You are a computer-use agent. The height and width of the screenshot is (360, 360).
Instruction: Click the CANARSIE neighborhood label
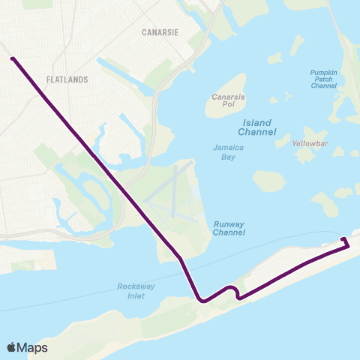click(159, 32)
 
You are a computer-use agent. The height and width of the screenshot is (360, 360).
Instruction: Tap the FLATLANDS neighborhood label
click(67, 79)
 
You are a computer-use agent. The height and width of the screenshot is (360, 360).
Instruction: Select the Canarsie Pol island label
click(223, 100)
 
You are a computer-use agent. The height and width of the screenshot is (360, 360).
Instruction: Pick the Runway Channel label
click(229, 228)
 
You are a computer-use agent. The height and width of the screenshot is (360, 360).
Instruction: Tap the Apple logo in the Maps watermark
click(12, 347)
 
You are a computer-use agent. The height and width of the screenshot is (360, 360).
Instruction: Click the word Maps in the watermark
click(32, 347)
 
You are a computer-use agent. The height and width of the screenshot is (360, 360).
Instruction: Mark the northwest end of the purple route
click(12, 57)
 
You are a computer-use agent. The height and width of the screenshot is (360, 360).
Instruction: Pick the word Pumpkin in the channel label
click(326, 73)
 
